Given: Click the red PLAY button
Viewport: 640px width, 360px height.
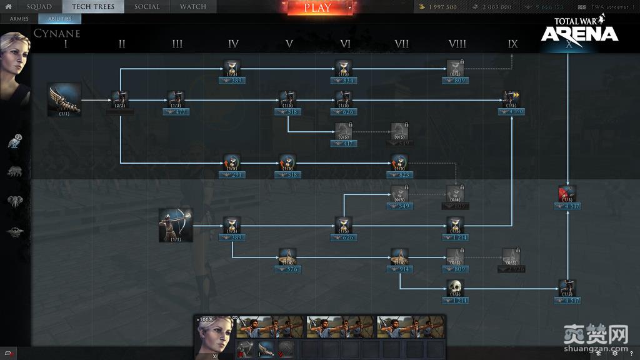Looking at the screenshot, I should coord(317,8).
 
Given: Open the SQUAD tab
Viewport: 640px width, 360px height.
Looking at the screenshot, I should coord(39,7).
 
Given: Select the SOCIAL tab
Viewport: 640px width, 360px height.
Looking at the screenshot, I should coord(147,7).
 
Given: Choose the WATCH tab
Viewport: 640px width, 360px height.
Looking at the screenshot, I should coord(193,7).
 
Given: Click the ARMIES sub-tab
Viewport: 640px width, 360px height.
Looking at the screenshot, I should coord(19,19).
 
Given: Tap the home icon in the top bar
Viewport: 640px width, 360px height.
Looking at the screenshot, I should coord(9,7).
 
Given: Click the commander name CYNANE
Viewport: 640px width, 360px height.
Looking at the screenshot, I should coord(57,32).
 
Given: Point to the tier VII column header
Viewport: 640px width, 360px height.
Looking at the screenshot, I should coord(402,44).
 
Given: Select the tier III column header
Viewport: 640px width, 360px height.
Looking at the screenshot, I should coord(177,44).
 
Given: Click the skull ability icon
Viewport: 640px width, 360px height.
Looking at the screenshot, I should coord(455,287).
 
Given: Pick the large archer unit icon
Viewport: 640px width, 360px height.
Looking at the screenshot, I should coord(176,225).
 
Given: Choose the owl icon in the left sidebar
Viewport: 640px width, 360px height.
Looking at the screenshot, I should coord(15,141).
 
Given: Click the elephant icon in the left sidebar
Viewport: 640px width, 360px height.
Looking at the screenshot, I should coord(15,201).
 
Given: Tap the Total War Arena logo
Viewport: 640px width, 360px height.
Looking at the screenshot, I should coord(579,30).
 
